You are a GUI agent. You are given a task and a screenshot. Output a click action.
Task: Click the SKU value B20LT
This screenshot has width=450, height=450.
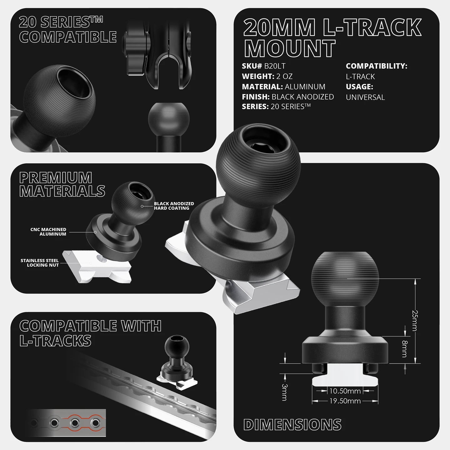coord(275,66)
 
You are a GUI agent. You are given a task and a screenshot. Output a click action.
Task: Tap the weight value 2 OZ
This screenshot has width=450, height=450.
coord(284,76)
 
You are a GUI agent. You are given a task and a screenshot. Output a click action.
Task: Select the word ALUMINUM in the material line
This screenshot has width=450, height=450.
coord(305,87)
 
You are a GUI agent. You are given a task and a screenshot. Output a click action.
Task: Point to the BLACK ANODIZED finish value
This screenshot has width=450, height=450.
coord(303,97)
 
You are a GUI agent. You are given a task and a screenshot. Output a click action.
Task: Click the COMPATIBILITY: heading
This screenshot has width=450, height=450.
coord(376,66)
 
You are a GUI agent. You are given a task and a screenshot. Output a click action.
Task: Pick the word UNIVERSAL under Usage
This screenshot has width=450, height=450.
coord(365,97)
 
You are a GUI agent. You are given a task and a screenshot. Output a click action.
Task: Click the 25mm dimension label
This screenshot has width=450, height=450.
coord(415,321)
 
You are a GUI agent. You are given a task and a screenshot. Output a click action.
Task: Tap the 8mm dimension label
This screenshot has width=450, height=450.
coord(405,349)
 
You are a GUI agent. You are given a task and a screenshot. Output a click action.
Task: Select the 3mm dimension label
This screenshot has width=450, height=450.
coord(284,392)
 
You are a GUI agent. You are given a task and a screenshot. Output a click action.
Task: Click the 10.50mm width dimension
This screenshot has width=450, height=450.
coord(345,391)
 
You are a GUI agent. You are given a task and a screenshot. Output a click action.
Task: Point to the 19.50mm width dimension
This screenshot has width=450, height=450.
coord(345,401)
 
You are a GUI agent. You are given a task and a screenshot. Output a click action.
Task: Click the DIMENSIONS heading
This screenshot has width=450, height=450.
coord(292,424)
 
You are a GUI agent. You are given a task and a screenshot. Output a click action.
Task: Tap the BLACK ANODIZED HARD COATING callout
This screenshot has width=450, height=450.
coord(174,206)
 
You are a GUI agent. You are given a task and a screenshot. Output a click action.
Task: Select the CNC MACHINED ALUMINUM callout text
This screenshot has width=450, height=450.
coord(48,232)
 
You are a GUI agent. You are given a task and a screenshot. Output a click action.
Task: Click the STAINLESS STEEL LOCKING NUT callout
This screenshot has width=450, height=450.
coord(40,263)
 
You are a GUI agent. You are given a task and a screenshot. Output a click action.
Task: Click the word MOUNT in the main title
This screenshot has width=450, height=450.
coord(290,48)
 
